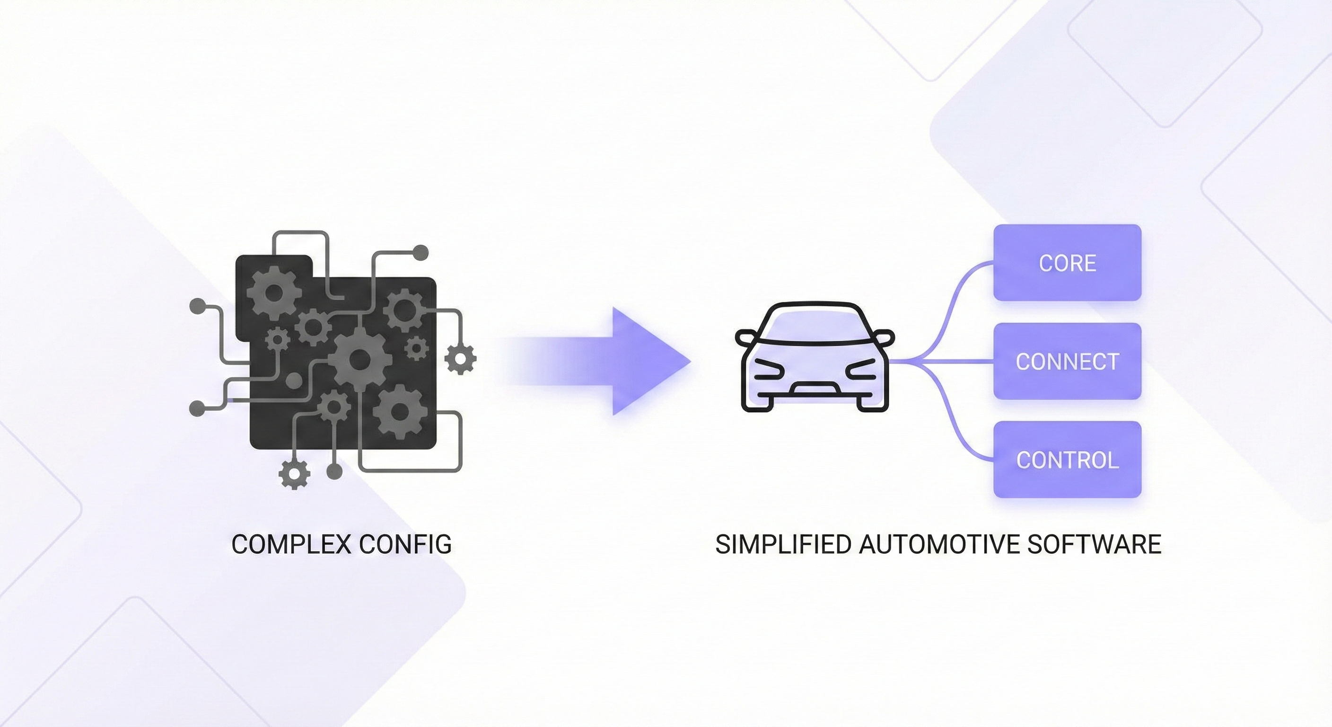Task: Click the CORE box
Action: click(x=1067, y=263)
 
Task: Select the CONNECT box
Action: click(x=1067, y=361)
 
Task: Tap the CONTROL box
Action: click(x=1067, y=460)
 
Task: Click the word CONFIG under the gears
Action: click(x=405, y=544)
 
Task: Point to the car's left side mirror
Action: click(x=745, y=337)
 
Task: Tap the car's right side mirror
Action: click(x=884, y=337)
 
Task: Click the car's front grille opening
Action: click(x=815, y=388)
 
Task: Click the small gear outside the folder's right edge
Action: click(x=460, y=357)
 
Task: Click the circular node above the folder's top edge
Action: click(x=421, y=253)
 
